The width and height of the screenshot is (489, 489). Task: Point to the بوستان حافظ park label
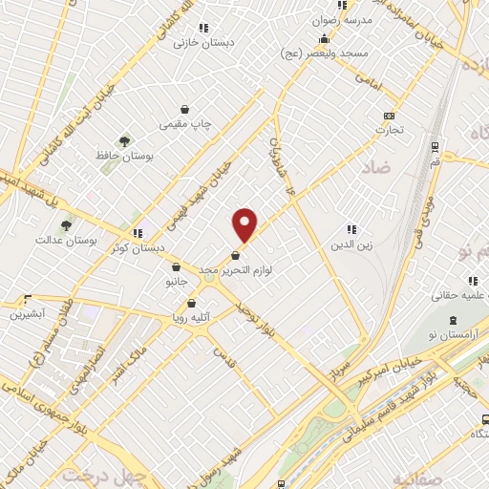pyautogui.click(x=121, y=154)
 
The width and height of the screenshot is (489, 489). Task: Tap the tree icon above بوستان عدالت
pyautogui.click(x=66, y=225)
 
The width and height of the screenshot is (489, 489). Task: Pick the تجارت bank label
pyautogui.click(x=389, y=129)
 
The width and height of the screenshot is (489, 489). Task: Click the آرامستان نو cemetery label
pyautogui.click(x=453, y=326)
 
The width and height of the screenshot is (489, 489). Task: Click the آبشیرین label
pyautogui.click(x=29, y=312)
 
